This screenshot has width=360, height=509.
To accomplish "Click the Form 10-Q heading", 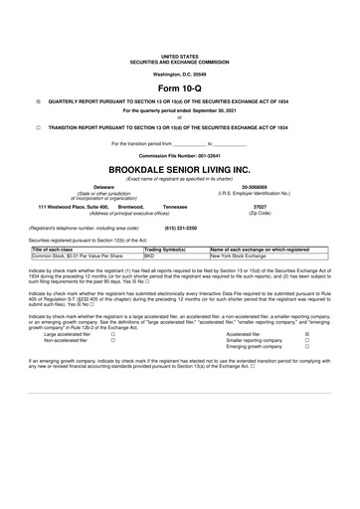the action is tap(179, 88).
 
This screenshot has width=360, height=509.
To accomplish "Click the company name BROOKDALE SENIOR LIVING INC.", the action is tap(179, 168).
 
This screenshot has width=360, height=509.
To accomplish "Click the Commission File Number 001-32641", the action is tap(179, 156).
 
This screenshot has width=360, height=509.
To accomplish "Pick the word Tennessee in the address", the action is tap(175, 206).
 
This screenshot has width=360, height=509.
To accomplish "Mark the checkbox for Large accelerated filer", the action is tap(112, 334).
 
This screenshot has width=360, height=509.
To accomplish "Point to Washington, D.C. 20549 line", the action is tap(179, 75).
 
